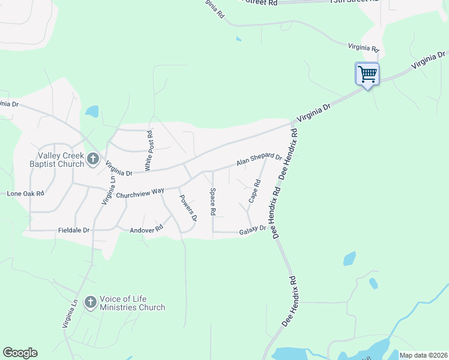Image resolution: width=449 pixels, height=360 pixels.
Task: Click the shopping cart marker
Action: [367, 74]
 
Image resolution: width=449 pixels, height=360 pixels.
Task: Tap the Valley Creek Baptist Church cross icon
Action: [92, 158]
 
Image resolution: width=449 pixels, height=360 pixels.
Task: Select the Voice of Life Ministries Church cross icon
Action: [90, 302]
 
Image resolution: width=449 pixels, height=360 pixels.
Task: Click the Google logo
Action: [20, 353]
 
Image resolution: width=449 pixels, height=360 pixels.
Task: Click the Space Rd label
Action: [212, 202]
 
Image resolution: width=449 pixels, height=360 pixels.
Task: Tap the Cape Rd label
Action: [255, 190]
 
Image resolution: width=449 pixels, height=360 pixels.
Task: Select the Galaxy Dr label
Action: [252, 230]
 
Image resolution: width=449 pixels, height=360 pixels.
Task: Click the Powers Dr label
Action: [188, 208]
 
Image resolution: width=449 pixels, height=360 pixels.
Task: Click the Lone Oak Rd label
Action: [25, 194]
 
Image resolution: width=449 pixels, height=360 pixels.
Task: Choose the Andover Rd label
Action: [146, 229]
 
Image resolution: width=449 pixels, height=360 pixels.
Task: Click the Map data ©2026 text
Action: [423, 355]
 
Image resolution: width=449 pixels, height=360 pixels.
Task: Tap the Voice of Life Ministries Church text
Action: [132, 303]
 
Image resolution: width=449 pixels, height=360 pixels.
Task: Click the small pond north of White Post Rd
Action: [92, 111]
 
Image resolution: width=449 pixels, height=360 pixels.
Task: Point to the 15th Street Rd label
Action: [259, 2]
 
